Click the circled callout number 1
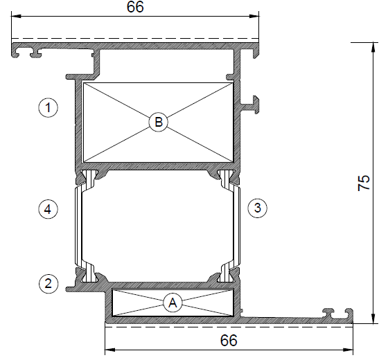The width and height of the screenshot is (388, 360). click(48, 107)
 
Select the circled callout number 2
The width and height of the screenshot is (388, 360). click(48, 283)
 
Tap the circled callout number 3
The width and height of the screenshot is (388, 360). click(257, 208)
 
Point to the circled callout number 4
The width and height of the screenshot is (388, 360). click(48, 210)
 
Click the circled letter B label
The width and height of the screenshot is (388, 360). click(159, 122)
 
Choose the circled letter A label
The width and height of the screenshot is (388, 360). click(173, 303)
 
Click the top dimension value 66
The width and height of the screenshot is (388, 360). click(135, 7)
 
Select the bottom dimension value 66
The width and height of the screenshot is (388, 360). click(229, 340)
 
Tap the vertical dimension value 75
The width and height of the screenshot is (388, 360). click(364, 183)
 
